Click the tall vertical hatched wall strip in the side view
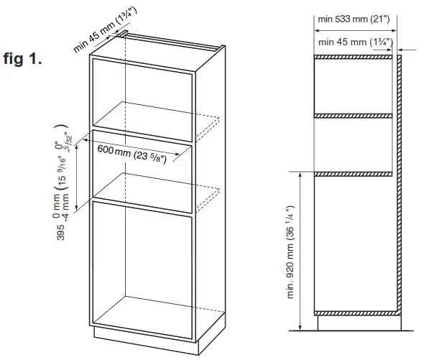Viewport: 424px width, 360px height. tap(397, 187)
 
